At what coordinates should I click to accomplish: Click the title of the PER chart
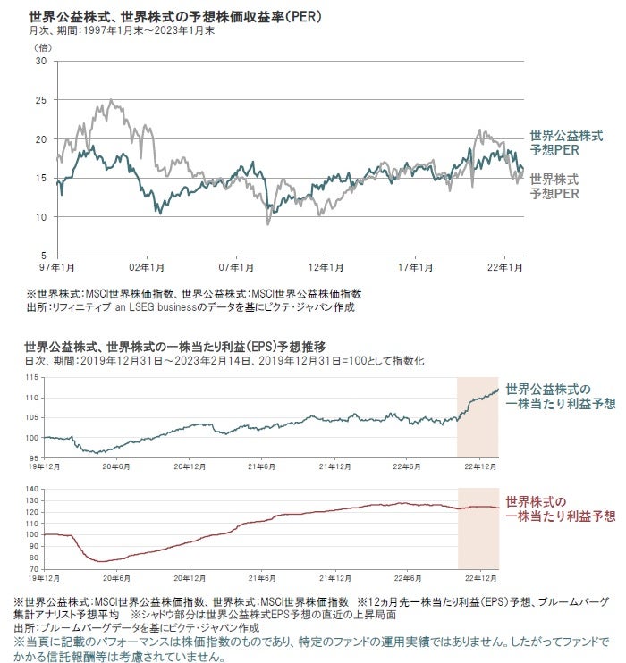(175, 16)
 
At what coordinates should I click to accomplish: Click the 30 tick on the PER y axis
(41, 61)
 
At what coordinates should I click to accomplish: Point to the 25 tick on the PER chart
(41, 100)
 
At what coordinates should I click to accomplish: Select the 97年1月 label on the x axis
(56, 267)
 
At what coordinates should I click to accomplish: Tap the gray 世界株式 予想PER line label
(554, 185)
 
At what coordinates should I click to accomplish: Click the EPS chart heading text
(175, 346)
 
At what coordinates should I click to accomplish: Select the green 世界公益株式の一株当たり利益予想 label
(559, 397)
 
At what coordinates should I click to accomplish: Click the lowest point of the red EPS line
(101, 561)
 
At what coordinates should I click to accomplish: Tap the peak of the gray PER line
(110, 100)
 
